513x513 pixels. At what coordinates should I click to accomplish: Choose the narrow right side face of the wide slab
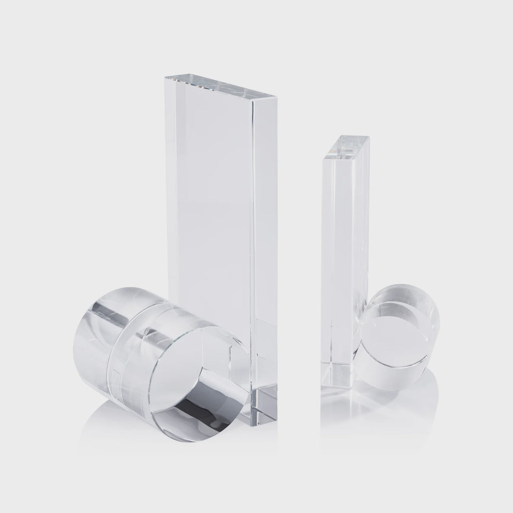point(266,250)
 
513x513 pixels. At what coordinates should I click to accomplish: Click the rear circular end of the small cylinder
point(421,306)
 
